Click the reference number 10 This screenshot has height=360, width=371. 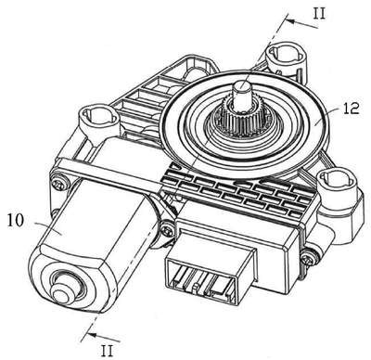pyautogui.click(x=16, y=221)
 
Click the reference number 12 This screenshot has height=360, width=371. pyautogui.click(x=351, y=109)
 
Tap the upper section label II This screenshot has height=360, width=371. pyautogui.click(x=319, y=14)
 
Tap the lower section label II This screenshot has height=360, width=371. pyautogui.click(x=107, y=351)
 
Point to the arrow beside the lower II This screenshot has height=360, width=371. pyautogui.click(x=103, y=337)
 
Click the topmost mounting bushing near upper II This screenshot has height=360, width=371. pyautogui.click(x=286, y=58)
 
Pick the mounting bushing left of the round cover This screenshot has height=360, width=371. pyautogui.click(x=98, y=120)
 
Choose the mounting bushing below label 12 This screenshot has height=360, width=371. pyautogui.click(x=335, y=182)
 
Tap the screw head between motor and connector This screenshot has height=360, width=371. pyautogui.click(x=168, y=230)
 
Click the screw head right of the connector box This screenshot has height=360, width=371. pyautogui.click(x=308, y=257)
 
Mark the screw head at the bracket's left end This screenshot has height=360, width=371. pyautogui.click(x=58, y=183)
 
